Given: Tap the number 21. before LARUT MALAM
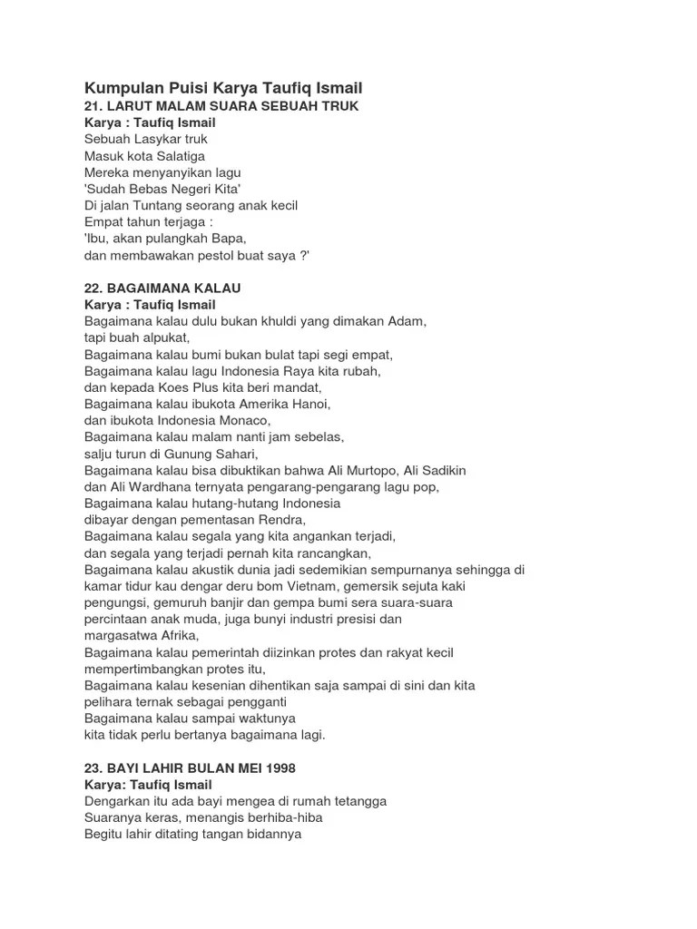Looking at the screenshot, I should (x=94, y=106).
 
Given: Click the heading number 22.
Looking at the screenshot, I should (x=94, y=288).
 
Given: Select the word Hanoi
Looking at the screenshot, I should (x=310, y=404).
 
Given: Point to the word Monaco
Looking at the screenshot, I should (x=244, y=420).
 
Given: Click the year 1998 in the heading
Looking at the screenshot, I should (x=278, y=768).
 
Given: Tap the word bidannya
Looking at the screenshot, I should (x=272, y=834).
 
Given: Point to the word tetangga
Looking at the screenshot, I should (x=356, y=801).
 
